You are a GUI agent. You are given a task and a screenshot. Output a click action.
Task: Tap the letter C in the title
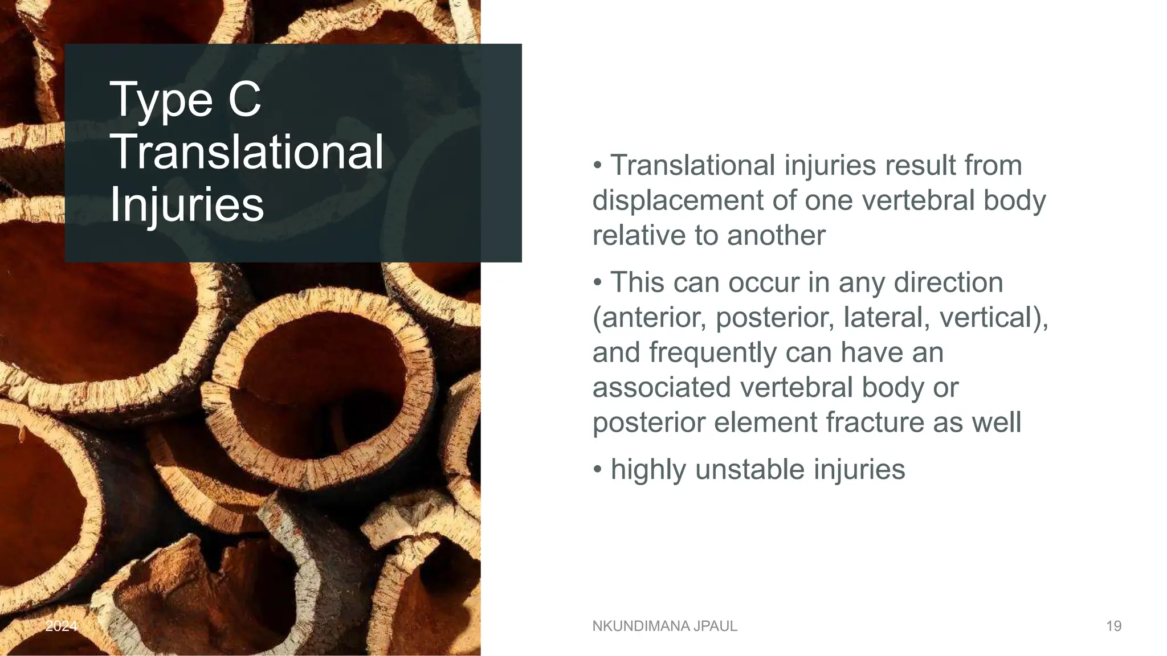tap(245, 99)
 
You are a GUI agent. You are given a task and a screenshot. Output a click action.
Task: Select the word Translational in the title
tap(246, 151)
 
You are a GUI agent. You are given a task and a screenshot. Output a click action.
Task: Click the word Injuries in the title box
tap(186, 205)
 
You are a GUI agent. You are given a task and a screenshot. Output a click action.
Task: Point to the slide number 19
tap(1113, 626)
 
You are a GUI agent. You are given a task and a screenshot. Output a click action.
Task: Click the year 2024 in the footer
tap(61, 626)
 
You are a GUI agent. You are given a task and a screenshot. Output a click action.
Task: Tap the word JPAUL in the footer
tap(715, 626)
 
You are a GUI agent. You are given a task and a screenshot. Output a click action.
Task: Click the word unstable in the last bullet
tap(749, 470)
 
